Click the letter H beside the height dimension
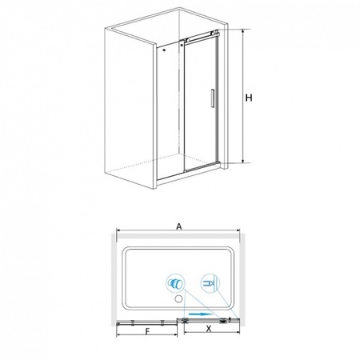[249, 98]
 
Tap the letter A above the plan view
[179, 226]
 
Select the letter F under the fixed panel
[147, 331]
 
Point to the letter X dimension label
[209, 329]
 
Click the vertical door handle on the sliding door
[213, 98]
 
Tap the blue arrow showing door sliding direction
[200, 314]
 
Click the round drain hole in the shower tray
[178, 299]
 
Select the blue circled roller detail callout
[175, 282]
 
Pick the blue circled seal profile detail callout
[210, 283]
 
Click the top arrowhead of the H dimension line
[242, 31]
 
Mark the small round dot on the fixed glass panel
[164, 50]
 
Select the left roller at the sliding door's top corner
[187, 40]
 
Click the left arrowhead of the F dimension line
[118, 335]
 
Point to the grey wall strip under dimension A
[178, 236]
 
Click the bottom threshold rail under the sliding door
[202, 167]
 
